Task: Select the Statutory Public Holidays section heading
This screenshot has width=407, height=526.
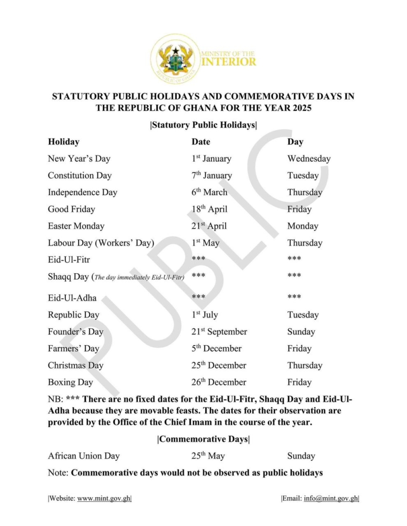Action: [x=203, y=125]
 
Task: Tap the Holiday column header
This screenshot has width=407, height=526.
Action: [x=63, y=142]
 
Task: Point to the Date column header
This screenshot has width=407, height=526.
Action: [x=201, y=142]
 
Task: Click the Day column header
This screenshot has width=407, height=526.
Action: [x=295, y=142]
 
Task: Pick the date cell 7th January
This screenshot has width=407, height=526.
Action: [x=211, y=175]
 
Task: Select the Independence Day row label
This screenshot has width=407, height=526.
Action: [x=82, y=193]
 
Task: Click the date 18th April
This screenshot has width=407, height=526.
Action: [x=209, y=209]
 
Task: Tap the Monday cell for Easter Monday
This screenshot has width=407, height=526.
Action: [x=303, y=226]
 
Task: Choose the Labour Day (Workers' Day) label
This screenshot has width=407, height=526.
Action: [x=101, y=243]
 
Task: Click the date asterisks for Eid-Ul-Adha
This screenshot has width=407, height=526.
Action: [x=198, y=297]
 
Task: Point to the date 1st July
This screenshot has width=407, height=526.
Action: [x=205, y=315]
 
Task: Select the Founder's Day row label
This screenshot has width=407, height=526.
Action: [x=76, y=332]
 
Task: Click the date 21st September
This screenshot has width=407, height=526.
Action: [x=219, y=332]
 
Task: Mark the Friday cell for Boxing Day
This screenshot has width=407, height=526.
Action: [x=299, y=382]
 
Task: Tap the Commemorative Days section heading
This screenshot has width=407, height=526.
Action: [x=203, y=439]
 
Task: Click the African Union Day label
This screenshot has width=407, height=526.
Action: [x=83, y=456]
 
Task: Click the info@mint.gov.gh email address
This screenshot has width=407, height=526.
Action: [x=330, y=498]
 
